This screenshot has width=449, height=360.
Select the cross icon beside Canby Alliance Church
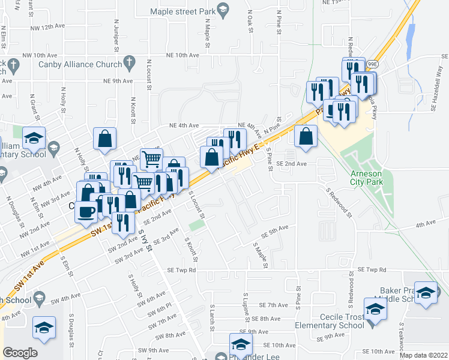[x=128, y=62]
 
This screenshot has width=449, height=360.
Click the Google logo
[x=20, y=353]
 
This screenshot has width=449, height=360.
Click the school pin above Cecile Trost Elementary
[x=375, y=310]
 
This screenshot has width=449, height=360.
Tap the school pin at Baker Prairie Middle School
[x=426, y=293]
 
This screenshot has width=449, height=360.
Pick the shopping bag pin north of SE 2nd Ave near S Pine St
[x=306, y=136]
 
